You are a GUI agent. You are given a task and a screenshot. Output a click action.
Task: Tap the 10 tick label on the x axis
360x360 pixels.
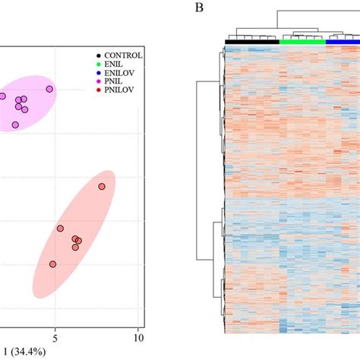(137, 333)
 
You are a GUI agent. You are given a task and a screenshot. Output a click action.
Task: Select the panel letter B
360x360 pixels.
(199, 8)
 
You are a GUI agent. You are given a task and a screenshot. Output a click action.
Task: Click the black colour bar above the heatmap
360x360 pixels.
(252, 42)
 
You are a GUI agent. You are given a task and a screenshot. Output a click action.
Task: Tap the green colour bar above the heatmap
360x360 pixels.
(302, 42)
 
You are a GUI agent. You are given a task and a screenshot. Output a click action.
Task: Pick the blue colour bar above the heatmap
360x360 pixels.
(343, 42)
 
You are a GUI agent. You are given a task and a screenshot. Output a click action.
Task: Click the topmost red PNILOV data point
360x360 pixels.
(102, 187)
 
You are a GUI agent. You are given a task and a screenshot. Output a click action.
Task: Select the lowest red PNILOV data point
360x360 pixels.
(52, 264)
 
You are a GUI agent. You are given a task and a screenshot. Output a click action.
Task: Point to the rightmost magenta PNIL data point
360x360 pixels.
(49, 89)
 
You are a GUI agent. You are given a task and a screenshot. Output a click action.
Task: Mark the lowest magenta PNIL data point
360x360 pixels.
(15, 125)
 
